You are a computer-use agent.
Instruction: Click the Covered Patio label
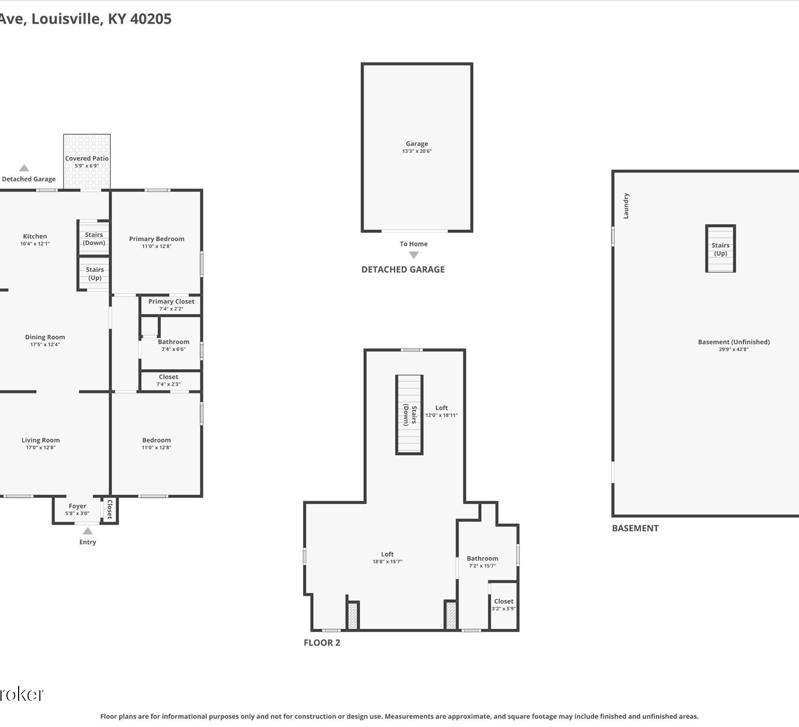pos(87,158)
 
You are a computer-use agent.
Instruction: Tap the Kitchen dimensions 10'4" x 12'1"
pos(35,244)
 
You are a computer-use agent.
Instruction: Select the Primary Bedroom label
pos(157,239)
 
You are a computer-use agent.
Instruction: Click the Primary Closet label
pos(172,301)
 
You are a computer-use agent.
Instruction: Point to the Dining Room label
pos(45,337)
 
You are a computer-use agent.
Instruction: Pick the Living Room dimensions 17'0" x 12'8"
pos(40,448)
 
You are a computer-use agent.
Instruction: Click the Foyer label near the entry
pos(77,506)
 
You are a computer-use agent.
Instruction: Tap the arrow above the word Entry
pos(88,531)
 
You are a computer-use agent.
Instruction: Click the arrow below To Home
pos(414,255)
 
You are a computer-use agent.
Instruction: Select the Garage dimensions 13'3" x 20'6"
pos(417,151)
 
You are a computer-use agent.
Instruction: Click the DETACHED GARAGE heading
pos(403,269)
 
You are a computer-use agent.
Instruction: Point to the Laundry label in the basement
pos(626,206)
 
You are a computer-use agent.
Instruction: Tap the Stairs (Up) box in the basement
pos(721,249)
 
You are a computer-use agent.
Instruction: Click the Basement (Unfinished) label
pos(733,342)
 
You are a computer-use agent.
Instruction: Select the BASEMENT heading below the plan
pos(635,528)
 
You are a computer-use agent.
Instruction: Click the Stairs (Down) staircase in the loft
pos(409,415)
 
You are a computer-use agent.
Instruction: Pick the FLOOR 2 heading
pos(322,642)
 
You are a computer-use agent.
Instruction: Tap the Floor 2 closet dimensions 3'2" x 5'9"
pos(503,609)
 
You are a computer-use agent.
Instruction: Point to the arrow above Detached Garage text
pos(25,168)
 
